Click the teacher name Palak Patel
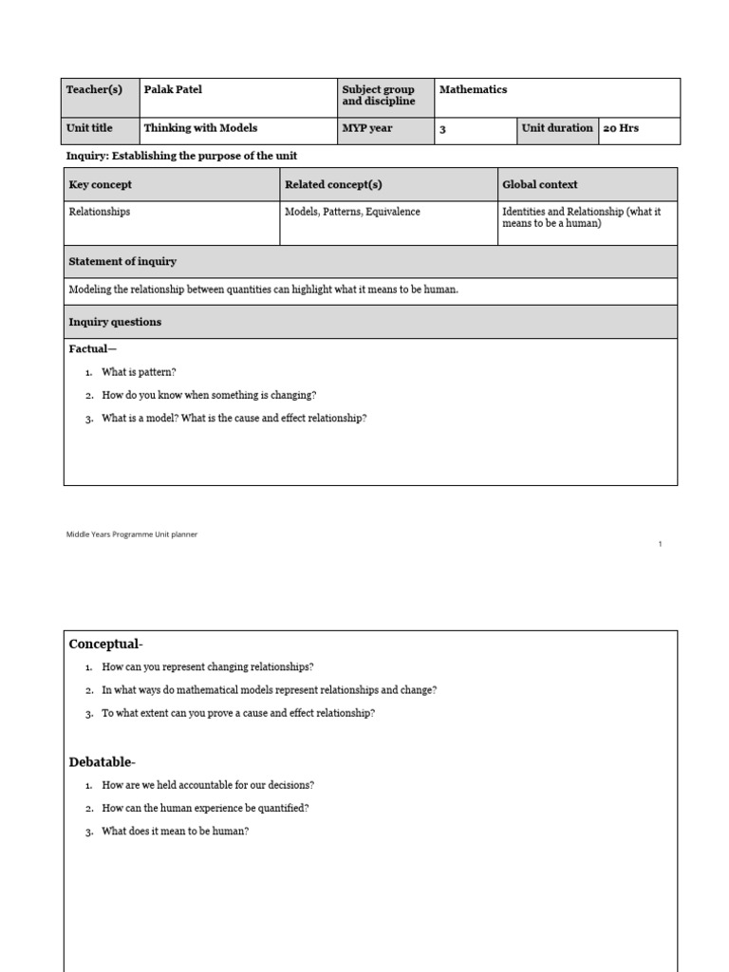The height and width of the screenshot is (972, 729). pos(173,90)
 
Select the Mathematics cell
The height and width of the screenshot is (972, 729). pos(473,90)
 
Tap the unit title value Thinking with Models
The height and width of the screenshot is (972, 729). pos(200,128)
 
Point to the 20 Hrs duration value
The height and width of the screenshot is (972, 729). pos(621,128)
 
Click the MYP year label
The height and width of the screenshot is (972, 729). pos(367,128)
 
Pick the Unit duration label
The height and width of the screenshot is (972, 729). pos(556,128)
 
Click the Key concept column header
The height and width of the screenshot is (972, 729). pos(101,185)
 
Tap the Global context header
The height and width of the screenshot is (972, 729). pos(539,185)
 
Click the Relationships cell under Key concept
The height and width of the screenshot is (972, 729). pos(100,212)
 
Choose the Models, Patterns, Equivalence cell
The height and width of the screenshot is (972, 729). pos(353,212)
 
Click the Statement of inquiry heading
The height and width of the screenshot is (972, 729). pos(122,261)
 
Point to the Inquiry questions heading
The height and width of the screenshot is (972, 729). pos(115,322)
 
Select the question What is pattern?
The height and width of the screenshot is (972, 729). pos(139,372)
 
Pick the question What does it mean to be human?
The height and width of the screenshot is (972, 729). pos(176,832)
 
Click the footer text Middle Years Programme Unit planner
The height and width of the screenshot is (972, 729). pos(132,534)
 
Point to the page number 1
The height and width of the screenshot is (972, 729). pos(660,544)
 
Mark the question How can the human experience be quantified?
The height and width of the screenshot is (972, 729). pos(205,809)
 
